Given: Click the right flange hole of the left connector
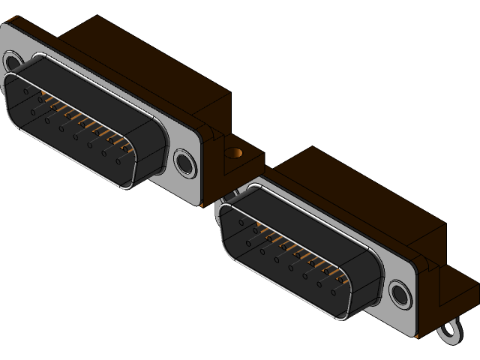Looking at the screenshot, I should click(x=184, y=163).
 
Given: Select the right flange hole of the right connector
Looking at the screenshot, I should click(x=399, y=295).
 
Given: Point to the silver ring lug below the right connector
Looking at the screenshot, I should click(x=451, y=330).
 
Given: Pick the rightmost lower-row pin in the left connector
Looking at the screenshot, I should click(x=118, y=160).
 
